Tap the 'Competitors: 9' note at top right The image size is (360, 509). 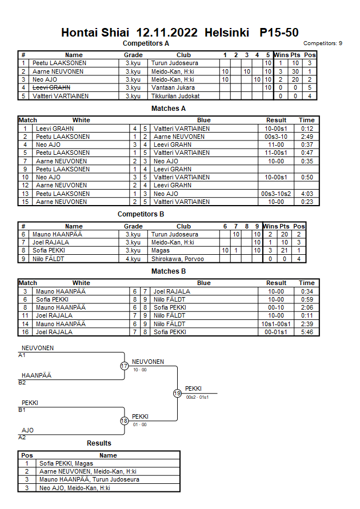coord(323,43)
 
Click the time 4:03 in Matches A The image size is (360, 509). coord(306,194)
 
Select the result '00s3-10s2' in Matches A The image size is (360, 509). coord(276,194)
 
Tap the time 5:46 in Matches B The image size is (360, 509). coord(306,332)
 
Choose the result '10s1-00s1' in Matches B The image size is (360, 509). coord(276,324)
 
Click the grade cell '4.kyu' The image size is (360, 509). coord(133,259)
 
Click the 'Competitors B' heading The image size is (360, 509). coord(141,214)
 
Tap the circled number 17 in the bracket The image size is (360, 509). coord(125,366)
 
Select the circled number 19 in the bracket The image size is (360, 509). coord(177,393)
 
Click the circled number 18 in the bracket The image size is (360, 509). coord(125,421)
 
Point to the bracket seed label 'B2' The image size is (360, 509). coord(22,382)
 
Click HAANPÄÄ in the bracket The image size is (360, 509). coord(36,375)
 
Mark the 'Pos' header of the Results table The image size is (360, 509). coord(27,455)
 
